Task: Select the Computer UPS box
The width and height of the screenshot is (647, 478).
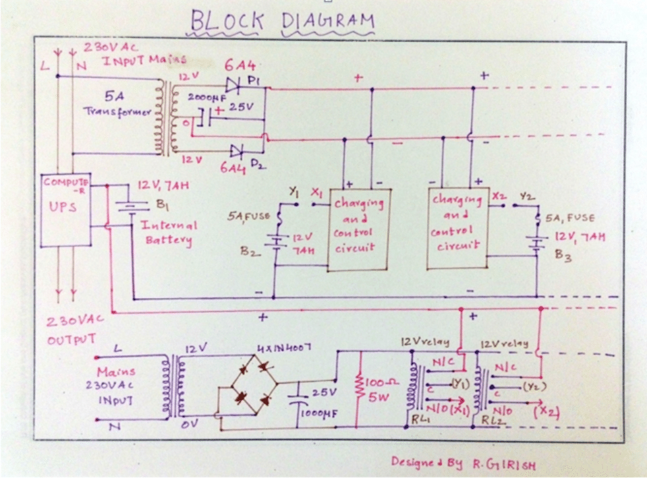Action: [67, 210]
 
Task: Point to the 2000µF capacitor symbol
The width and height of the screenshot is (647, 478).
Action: [206, 118]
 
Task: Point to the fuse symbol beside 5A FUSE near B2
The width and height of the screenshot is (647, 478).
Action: [281, 219]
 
